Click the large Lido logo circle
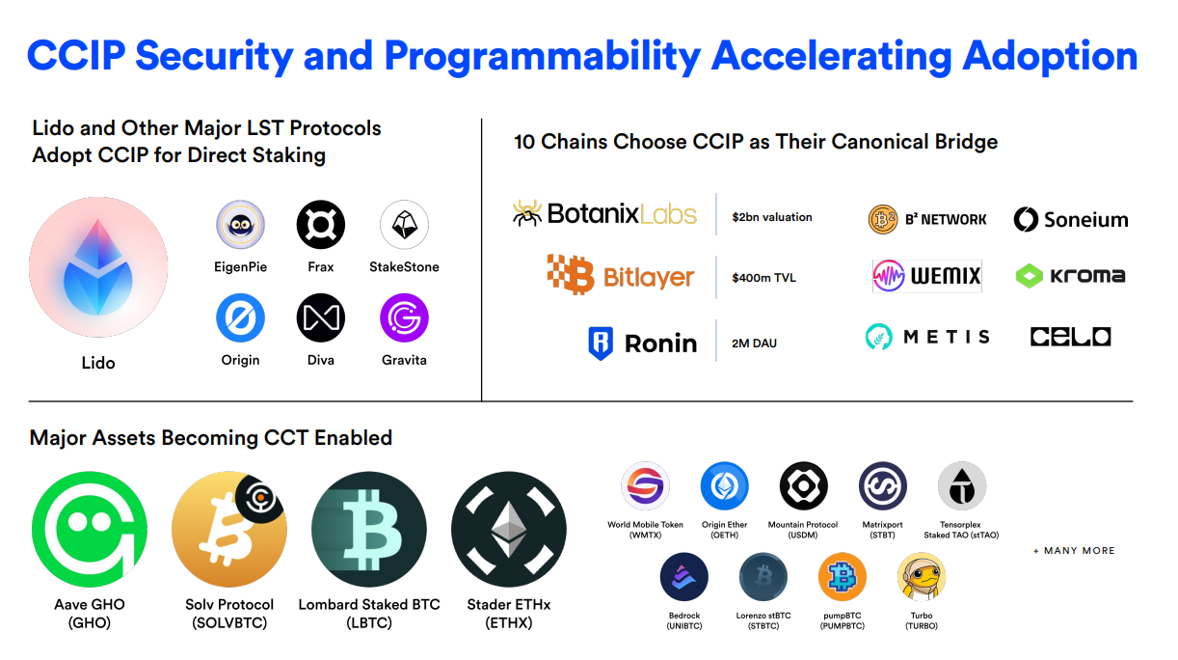(98, 267)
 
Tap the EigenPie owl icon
(240, 225)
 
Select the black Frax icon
(321, 225)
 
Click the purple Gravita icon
(404, 317)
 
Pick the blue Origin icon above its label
(240, 317)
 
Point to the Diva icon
(321, 317)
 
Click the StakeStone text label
(404, 267)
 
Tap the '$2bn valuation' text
(772, 217)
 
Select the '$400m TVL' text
(763, 278)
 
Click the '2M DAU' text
(754, 344)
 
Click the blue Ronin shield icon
(601, 344)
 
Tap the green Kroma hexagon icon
(1030, 276)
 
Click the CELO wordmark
(1070, 337)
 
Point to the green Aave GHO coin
(90, 529)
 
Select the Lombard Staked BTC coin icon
(368, 529)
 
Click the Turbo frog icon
(922, 577)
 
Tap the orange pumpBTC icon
(842, 577)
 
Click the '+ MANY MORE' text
(1074, 551)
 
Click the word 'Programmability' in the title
(542, 56)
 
